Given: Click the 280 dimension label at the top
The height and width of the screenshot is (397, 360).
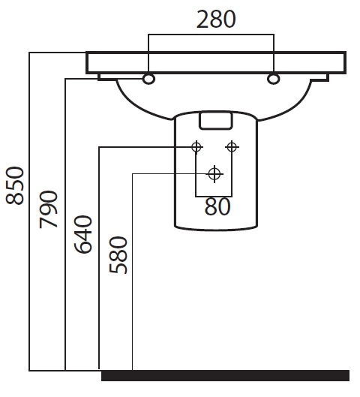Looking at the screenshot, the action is pos(216,19).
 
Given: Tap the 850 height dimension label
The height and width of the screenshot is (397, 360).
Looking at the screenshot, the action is pos(15,185).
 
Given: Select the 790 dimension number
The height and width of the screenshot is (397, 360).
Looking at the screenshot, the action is pos(48,209).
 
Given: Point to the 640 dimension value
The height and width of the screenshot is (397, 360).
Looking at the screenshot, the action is pos(83,234).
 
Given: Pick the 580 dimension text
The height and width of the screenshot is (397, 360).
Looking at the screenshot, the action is pos(118,255).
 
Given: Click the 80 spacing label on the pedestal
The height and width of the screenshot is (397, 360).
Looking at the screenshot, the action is pos(217,207).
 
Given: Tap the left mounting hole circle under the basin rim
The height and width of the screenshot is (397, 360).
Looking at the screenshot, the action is pos(148,79).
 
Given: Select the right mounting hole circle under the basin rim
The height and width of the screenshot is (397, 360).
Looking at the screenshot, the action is pos(273,79).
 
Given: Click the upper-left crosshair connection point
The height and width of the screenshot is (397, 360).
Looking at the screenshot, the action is pos(196,147).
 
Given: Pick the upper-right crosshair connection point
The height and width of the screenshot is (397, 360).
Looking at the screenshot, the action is pos(232,147).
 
